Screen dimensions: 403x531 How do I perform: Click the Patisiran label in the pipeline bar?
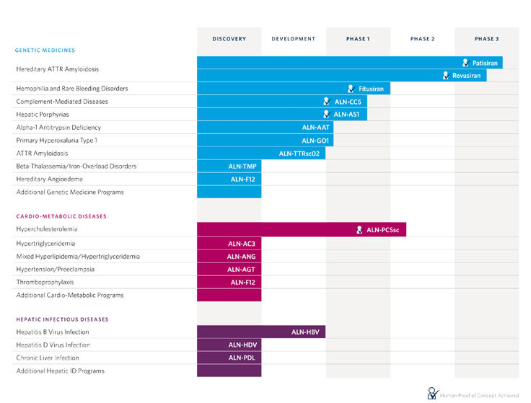tap(485, 63)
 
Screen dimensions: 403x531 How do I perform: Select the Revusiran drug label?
tap(467, 76)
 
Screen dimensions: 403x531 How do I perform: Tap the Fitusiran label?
tap(371, 89)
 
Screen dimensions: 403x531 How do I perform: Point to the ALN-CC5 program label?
tap(348, 102)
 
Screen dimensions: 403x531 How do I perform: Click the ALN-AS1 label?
tap(346, 114)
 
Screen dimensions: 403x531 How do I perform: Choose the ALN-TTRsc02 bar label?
tap(299, 153)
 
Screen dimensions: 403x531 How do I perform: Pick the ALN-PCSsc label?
tap(382, 230)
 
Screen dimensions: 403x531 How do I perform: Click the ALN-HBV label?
tap(305, 332)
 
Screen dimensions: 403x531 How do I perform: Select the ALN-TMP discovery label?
tap(242, 166)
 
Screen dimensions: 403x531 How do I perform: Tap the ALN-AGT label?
tap(241, 270)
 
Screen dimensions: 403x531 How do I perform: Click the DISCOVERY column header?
tap(229, 39)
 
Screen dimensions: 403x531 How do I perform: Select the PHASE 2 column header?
tap(422, 39)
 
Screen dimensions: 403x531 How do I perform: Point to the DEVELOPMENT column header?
tap(294, 39)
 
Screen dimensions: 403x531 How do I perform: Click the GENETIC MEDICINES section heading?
tap(45, 50)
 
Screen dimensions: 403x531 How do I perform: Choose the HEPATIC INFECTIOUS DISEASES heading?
tap(62, 319)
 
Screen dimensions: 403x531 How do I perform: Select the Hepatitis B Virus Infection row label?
tap(53, 332)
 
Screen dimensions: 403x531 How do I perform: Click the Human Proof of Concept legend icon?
tap(432, 393)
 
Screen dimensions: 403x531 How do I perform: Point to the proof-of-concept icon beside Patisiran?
tap(466, 63)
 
